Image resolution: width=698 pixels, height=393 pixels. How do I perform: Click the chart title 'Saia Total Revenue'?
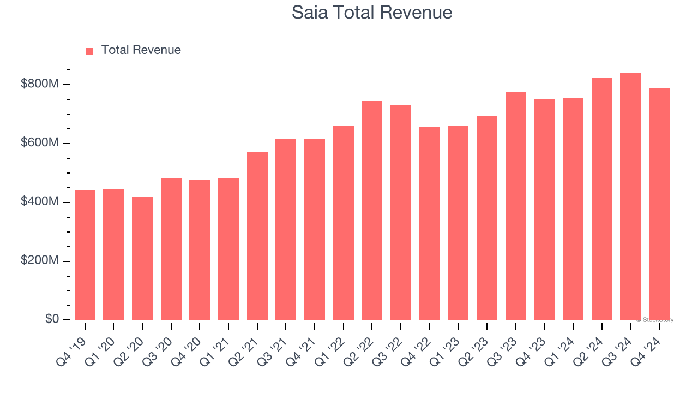point(372,13)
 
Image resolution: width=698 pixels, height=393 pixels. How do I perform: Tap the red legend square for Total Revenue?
point(89,51)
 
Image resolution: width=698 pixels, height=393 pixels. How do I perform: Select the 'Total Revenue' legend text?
point(141,50)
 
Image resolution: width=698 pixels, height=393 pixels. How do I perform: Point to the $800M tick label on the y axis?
point(40,84)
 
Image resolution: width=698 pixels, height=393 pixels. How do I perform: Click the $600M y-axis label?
point(40,143)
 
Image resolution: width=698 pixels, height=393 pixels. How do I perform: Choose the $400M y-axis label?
point(40,202)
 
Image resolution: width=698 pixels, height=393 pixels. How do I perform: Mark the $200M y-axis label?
point(40,261)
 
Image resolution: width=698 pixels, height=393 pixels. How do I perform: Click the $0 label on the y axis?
point(52,319)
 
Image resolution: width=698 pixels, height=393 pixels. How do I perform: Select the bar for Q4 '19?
point(85,255)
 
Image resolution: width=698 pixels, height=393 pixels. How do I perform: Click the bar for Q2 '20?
point(142,258)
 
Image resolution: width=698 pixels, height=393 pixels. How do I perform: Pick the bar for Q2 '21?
point(257,236)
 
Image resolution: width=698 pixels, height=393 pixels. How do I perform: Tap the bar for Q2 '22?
point(372,210)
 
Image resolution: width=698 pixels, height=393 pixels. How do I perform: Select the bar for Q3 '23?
point(516,206)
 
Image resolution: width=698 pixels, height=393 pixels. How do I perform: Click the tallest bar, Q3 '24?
point(630,196)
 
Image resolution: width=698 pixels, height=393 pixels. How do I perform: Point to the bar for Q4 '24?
point(659,204)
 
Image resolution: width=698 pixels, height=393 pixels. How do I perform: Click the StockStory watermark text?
point(655,320)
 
